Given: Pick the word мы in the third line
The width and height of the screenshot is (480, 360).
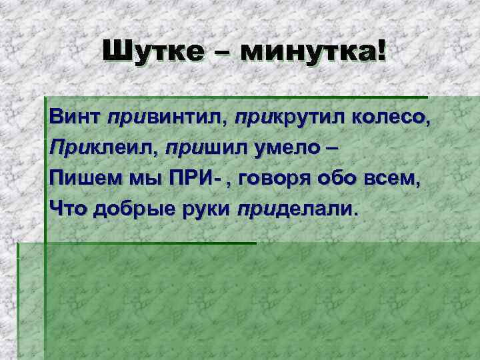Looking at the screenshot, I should point(141,179).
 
